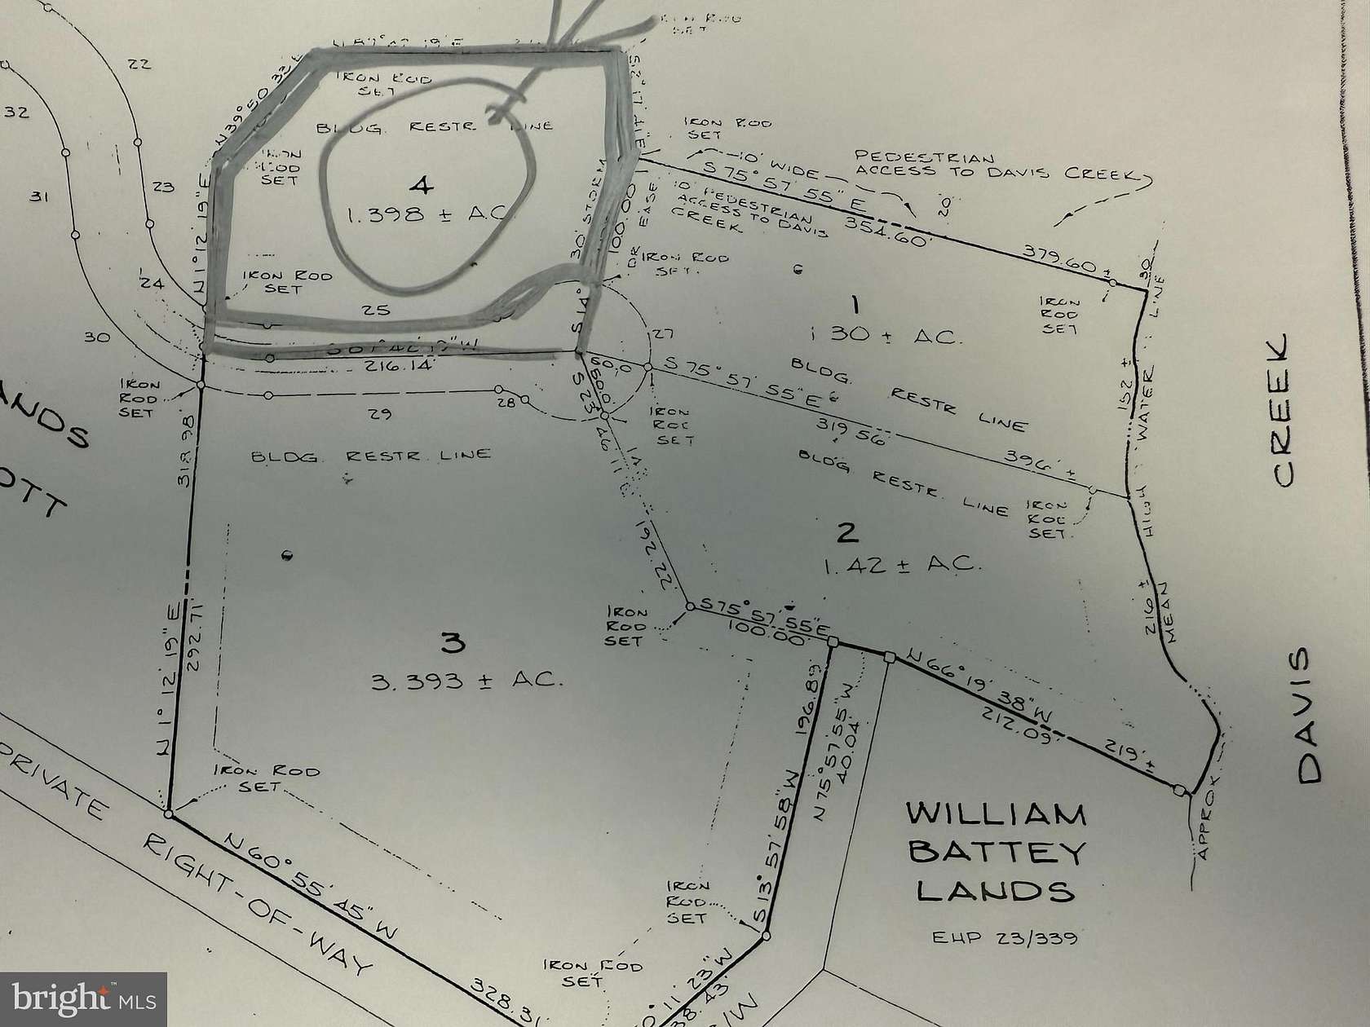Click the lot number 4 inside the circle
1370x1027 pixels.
point(421,187)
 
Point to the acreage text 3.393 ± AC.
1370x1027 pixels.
point(467,679)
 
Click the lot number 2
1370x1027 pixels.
point(847,532)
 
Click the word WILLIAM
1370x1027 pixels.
point(996,814)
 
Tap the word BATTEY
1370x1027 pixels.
point(997,853)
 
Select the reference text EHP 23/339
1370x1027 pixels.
point(1005,937)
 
